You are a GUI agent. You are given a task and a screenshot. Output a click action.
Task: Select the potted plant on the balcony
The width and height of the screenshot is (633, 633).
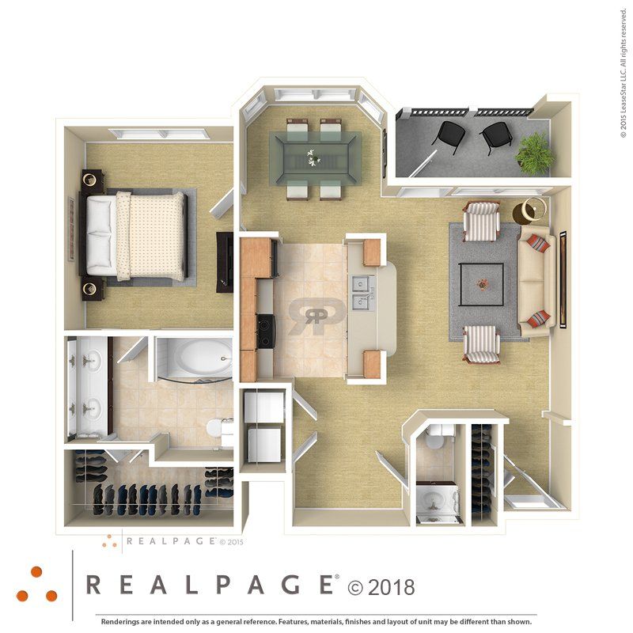point(536,151)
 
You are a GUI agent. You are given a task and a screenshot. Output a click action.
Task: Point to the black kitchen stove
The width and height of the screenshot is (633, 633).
point(266,331)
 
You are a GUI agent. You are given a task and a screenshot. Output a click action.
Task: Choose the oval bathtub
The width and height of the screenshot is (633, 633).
point(194,361)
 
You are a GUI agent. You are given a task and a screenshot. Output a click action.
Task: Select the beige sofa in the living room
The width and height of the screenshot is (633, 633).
point(535,282)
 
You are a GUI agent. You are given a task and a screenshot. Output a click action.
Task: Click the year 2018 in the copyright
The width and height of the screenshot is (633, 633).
point(391,587)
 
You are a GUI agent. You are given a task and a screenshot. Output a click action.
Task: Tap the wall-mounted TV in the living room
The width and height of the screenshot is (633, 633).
point(563,279)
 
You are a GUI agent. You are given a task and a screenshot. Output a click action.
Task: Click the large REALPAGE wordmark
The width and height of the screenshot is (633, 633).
point(209,586)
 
